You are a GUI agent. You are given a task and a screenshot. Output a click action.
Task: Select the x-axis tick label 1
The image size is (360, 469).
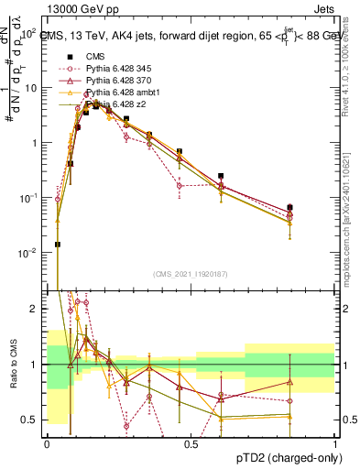point(334,442)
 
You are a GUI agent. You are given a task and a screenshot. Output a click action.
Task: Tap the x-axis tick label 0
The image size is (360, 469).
point(46,442)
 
